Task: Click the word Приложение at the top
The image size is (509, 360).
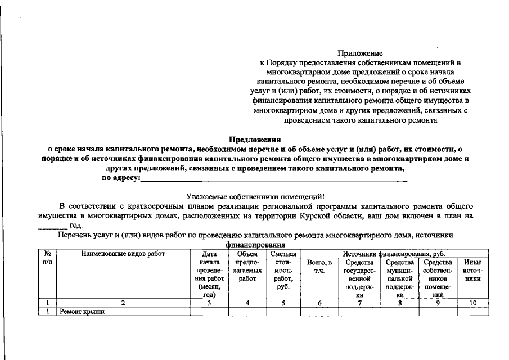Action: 360,53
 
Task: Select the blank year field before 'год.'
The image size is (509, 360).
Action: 52,225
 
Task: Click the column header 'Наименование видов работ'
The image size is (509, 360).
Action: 123,254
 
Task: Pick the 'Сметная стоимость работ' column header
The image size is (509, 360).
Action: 283,270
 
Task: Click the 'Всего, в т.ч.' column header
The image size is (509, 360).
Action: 319,266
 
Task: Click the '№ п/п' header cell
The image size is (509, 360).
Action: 47,258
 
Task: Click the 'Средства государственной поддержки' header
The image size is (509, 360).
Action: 359,278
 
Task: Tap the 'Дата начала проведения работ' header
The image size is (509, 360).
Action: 209,274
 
